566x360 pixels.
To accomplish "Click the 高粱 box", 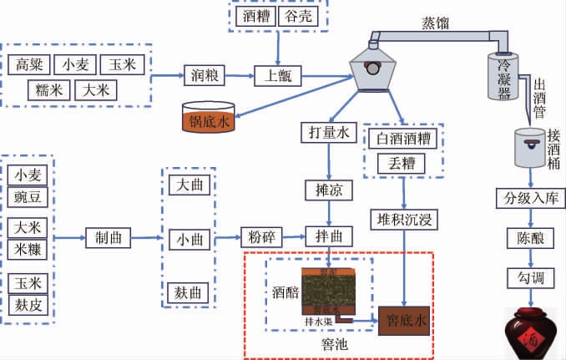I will pyautogui.click(x=31, y=64).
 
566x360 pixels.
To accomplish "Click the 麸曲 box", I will pyautogui.click(x=189, y=293).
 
